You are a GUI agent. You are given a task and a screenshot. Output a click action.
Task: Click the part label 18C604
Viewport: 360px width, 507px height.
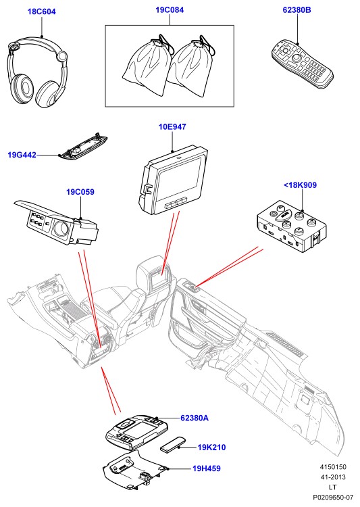point(42,11)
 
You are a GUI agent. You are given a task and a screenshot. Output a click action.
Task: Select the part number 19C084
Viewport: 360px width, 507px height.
point(170,10)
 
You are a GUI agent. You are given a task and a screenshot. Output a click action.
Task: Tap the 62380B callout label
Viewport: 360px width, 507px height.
point(297,10)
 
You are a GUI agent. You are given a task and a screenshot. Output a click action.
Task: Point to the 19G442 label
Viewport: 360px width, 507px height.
point(22,155)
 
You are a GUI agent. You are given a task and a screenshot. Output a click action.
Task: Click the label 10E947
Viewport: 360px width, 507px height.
point(172,127)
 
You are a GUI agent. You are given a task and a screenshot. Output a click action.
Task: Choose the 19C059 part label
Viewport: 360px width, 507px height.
point(80,192)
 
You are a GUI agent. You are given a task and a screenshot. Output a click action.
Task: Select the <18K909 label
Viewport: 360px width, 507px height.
point(300,185)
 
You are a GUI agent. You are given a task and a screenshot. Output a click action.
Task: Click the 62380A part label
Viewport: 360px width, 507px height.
point(195,418)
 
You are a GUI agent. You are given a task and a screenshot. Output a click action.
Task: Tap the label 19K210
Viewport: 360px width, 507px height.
point(211,448)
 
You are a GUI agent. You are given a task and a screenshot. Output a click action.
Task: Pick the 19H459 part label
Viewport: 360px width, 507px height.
point(207,468)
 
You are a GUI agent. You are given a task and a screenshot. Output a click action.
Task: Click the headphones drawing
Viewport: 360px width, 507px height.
point(37,72)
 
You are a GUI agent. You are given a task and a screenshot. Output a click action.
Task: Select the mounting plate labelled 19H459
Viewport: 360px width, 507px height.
point(135,469)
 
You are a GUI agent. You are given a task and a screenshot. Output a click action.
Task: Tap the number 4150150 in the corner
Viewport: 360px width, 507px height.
point(333,467)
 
